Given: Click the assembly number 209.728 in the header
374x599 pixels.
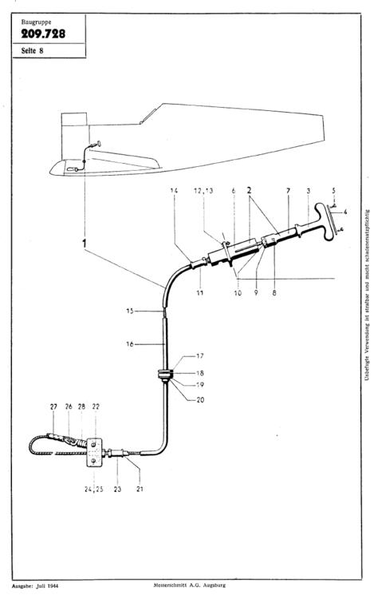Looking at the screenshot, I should coord(43,33).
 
